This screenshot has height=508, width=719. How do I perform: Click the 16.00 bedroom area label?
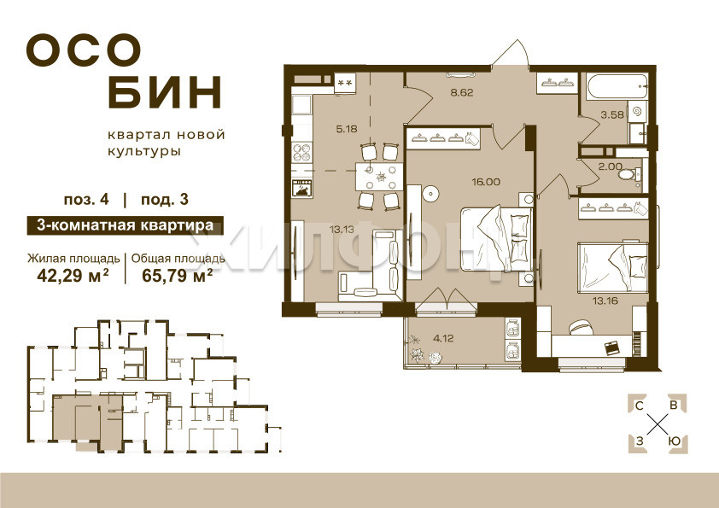coord(486,182)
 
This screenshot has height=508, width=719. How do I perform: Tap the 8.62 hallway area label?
coord(462,92)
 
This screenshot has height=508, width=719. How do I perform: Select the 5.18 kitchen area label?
coord(346,129)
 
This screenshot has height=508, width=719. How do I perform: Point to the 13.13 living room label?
coord(342,230)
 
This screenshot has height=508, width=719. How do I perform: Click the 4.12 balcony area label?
coord(443,339)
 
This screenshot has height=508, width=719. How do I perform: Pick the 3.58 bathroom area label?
coord(612,114)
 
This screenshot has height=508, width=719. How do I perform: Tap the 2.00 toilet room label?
coord(611,166)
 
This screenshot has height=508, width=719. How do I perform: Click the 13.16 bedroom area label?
coord(605,301)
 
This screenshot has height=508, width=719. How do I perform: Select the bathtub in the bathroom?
coord(616,85)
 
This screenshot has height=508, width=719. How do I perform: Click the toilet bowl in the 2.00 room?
coord(628,174)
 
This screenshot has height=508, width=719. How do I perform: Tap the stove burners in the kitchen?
coord(301,153)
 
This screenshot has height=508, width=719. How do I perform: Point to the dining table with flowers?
coord(379,176)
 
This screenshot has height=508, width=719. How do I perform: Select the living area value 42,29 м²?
coord(73,276)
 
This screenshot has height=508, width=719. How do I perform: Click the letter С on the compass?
coord(638,406)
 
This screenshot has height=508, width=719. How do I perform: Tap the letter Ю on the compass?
coord(674,441)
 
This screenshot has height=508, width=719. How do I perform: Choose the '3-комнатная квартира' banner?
coord(126,225)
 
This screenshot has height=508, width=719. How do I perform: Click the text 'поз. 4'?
coord(86,201)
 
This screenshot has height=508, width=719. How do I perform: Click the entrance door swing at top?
coord(512,54)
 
